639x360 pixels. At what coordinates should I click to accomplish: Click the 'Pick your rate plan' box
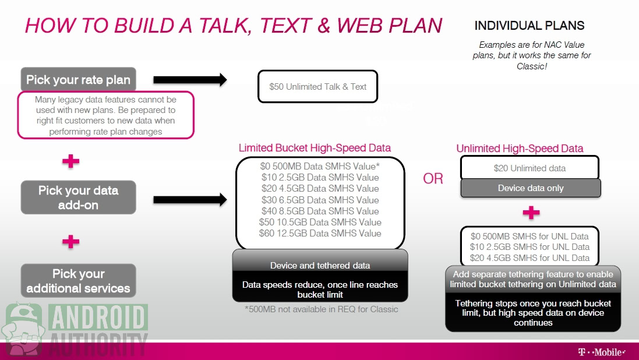(78, 79)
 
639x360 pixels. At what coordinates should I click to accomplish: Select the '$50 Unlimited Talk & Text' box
(318, 86)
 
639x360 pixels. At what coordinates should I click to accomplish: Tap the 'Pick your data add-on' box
(78, 197)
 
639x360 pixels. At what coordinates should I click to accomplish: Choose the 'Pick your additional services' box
(78, 281)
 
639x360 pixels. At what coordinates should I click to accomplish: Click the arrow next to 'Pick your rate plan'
(190, 79)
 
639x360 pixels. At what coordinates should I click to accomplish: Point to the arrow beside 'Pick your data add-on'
(190, 199)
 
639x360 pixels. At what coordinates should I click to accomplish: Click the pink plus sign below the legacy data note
(71, 161)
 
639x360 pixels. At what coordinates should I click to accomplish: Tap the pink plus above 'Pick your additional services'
(71, 241)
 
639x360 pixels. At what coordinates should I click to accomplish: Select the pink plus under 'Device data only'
(531, 213)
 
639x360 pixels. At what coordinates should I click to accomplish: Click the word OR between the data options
(433, 179)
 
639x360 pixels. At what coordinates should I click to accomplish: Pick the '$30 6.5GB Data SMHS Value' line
(320, 200)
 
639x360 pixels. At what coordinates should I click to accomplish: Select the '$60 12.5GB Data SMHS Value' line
(320, 233)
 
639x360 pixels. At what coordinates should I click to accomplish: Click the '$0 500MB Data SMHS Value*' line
(320, 166)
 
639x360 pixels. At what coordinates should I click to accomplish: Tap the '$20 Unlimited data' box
(530, 168)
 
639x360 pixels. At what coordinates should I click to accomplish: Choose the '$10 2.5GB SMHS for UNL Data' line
(530, 246)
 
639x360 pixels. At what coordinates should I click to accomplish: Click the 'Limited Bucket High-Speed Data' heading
(315, 147)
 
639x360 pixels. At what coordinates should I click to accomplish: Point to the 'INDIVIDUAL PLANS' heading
(529, 26)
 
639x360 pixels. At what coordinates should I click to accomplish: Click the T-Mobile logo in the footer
(602, 352)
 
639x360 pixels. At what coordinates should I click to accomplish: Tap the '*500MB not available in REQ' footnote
(321, 309)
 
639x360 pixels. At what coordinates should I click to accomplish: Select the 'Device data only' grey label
(531, 188)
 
